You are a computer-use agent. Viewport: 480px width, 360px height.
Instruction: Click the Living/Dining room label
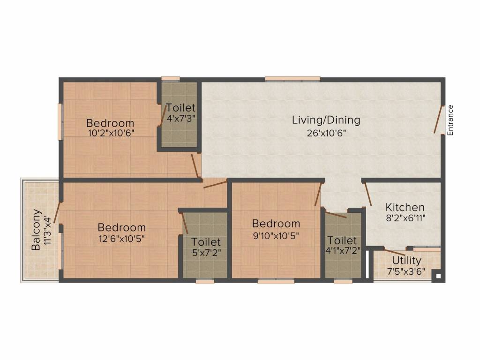tap(326, 120)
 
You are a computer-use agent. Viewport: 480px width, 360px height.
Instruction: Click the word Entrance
tap(450, 120)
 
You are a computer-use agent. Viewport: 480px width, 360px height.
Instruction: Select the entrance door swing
tap(438, 120)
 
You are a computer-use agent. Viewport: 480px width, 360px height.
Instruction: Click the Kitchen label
tap(405, 207)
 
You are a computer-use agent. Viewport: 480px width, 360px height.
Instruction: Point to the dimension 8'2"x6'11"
tap(405, 218)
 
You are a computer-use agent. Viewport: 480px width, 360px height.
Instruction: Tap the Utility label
tap(406, 261)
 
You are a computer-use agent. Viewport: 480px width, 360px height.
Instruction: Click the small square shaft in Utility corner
tap(437, 276)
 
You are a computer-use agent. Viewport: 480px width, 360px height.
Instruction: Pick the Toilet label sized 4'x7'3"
tap(181, 108)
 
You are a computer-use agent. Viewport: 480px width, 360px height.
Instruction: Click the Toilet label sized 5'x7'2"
tap(206, 242)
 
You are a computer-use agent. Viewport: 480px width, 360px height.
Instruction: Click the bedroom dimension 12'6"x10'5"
tap(121, 238)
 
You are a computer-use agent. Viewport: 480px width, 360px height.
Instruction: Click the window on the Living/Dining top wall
tap(292, 79)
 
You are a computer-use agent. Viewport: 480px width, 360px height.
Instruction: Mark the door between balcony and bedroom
tap(57, 212)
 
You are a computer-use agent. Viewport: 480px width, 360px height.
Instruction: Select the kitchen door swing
tap(368, 195)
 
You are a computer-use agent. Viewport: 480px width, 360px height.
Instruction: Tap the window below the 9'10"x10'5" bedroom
tap(276, 281)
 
